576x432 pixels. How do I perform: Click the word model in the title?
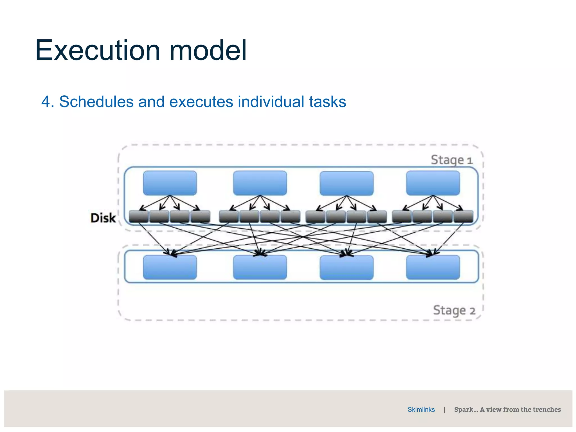point(208,51)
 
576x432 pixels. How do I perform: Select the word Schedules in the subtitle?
point(96,102)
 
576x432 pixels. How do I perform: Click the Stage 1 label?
point(451,160)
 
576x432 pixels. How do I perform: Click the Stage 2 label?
point(454,310)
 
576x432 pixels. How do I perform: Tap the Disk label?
point(103,218)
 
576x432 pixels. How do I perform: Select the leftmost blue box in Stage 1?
point(170,183)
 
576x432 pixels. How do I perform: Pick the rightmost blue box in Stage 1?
point(433,183)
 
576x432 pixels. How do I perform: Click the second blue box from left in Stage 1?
point(260,183)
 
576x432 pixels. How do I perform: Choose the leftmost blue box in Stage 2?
point(170,267)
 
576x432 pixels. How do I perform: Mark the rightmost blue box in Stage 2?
point(433,267)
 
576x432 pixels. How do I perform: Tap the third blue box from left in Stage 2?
point(346,267)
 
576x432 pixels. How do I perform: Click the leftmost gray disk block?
point(139,216)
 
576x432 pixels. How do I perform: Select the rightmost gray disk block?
point(463,216)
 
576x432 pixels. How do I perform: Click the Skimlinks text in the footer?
point(421,410)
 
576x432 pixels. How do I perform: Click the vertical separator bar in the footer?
point(444,410)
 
